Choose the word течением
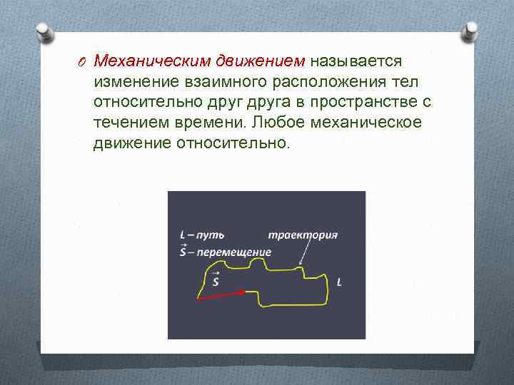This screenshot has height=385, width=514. point(131,123)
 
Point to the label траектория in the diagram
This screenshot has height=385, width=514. point(303,235)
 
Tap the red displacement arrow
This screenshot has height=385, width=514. point(221,294)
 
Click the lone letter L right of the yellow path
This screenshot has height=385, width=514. point(338,282)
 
